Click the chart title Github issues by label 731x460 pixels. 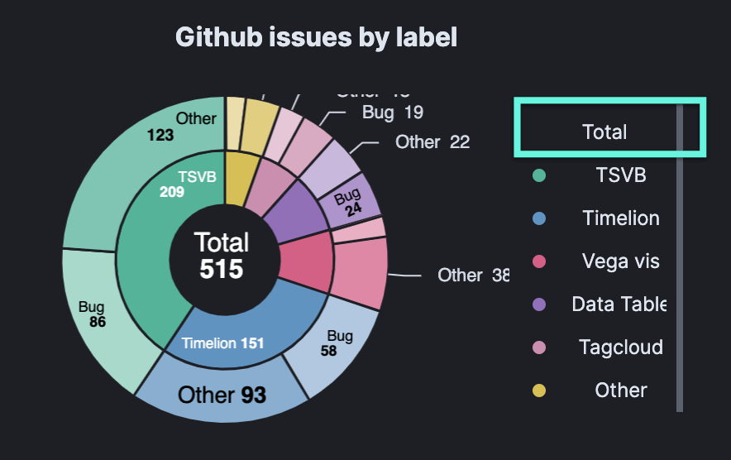tap(316, 38)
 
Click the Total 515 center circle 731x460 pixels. tap(222, 256)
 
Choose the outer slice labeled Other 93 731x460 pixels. tap(222, 395)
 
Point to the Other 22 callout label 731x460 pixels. tap(432, 142)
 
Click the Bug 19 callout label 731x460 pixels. tap(392, 113)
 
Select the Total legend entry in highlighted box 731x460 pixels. tap(604, 132)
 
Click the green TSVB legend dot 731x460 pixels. tap(539, 175)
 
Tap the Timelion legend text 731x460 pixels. tap(620, 218)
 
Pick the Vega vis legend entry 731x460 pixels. tap(620, 261)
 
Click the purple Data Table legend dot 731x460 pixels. tap(539, 304)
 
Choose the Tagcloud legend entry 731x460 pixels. tap(620, 347)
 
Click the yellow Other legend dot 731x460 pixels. tap(539, 391)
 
